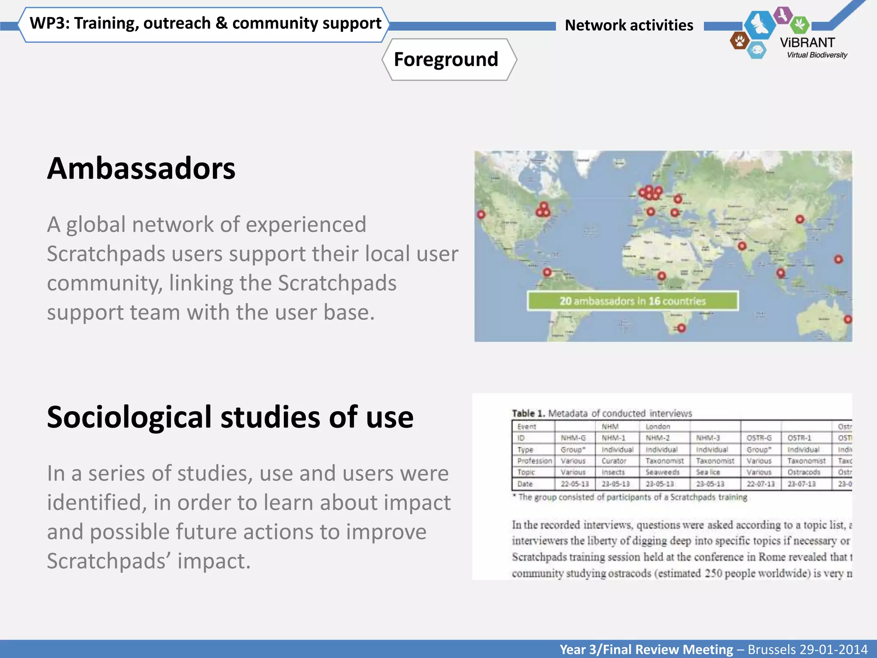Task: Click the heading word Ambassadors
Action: coord(141,168)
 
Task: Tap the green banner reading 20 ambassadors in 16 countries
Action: coord(632,301)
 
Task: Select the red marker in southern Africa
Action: coord(681,328)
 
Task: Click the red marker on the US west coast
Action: coord(481,214)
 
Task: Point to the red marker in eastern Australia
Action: coord(847,319)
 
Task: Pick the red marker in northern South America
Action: coord(547,272)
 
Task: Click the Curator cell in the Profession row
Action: coord(614,461)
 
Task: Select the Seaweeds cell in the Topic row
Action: coord(662,472)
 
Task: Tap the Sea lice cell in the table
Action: coord(708,472)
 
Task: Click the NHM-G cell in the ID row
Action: coord(573,438)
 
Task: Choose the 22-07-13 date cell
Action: coord(761,484)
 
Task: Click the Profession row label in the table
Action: coord(534,461)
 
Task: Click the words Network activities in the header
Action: coord(629,25)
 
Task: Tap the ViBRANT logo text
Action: coord(807,43)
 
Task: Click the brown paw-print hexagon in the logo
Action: coord(740,41)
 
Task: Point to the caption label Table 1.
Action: coord(528,413)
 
